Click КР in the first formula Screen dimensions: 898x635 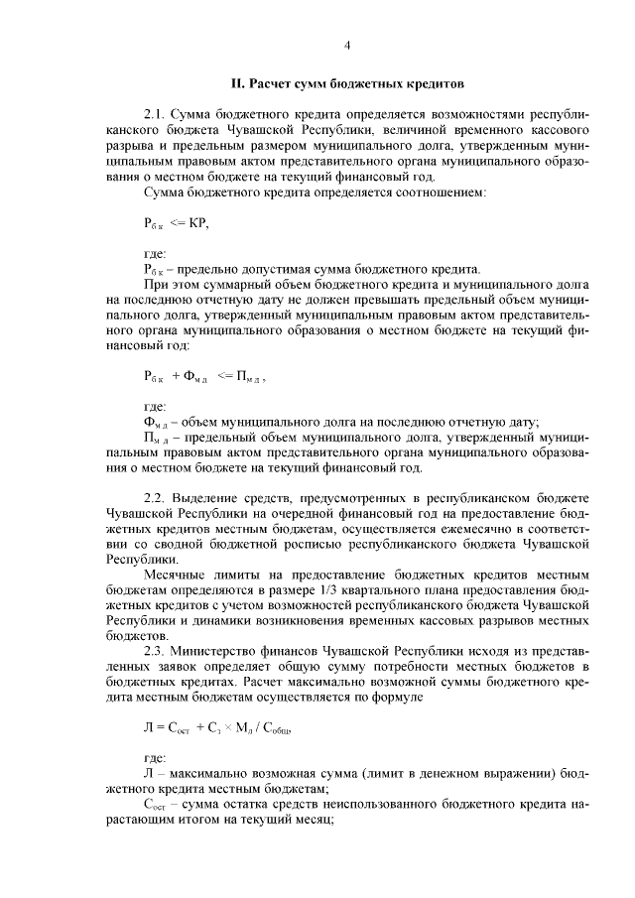coord(199,221)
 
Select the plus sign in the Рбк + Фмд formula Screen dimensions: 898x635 coord(175,376)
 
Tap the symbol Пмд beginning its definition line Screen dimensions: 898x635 coord(154,438)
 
